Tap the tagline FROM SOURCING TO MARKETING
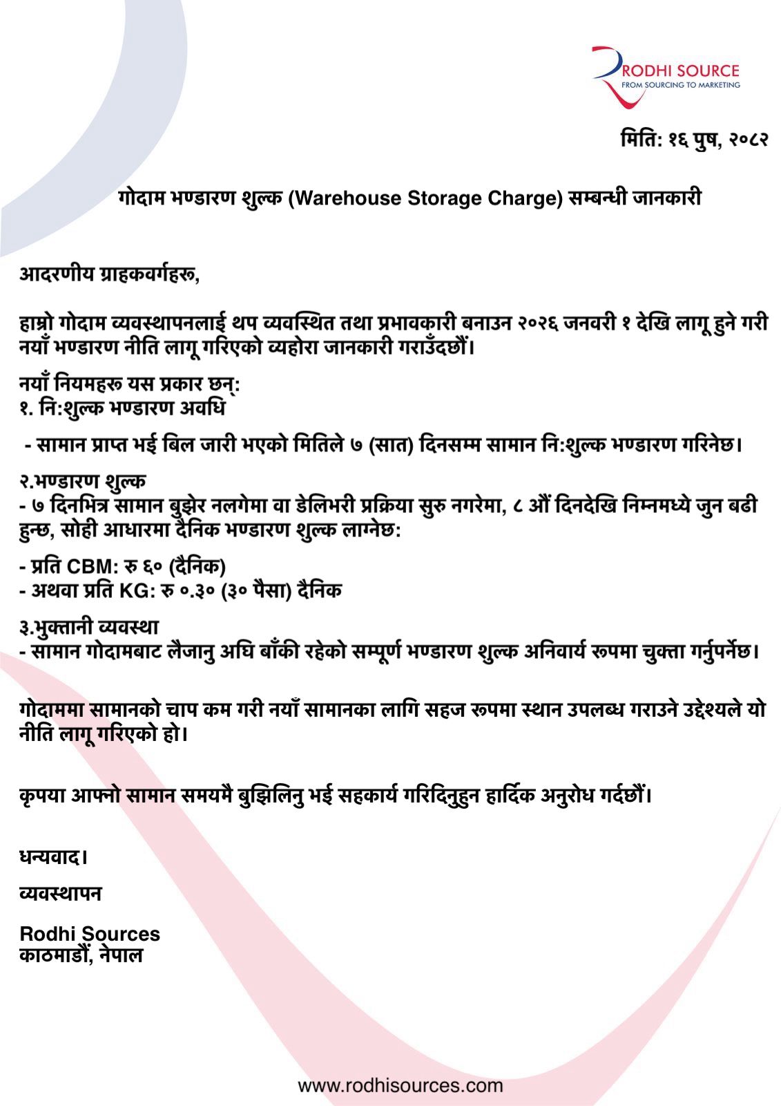(x=681, y=85)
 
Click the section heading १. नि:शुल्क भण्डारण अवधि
(x=122, y=409)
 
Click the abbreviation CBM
(x=93, y=567)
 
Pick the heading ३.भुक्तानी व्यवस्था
(x=89, y=627)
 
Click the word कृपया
(x=43, y=796)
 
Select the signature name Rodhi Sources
(x=90, y=934)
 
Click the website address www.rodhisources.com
(x=401, y=1085)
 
